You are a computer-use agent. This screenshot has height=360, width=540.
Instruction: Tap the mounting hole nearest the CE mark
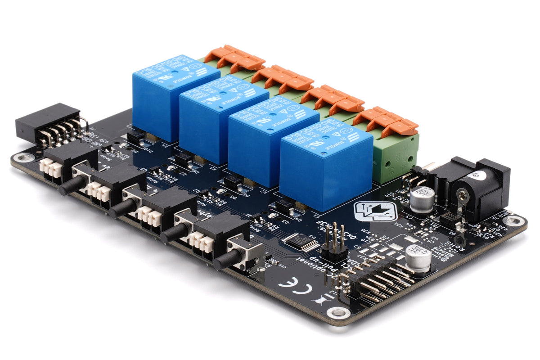pyautogui.click(x=335, y=312)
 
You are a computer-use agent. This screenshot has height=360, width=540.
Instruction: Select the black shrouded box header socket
pyautogui.click(x=47, y=124)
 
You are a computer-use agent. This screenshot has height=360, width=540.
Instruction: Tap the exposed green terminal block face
pyautogui.click(x=395, y=155)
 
